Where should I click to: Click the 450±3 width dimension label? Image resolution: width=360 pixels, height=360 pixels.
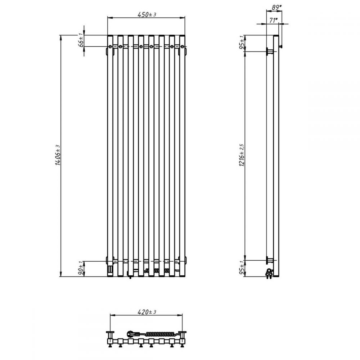[147, 14]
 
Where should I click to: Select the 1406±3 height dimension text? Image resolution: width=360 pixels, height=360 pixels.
[58, 155]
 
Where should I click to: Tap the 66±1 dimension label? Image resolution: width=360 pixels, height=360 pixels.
[81, 40]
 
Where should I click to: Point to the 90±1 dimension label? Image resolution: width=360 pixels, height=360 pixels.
[81, 269]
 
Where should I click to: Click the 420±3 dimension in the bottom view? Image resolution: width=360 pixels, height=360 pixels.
[147, 312]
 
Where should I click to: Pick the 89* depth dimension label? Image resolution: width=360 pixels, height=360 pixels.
[276, 7]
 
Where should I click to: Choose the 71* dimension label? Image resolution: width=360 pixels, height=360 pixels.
[274, 20]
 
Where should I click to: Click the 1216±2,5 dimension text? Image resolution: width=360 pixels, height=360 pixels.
[242, 155]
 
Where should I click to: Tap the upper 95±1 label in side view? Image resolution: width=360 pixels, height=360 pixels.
[242, 43]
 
